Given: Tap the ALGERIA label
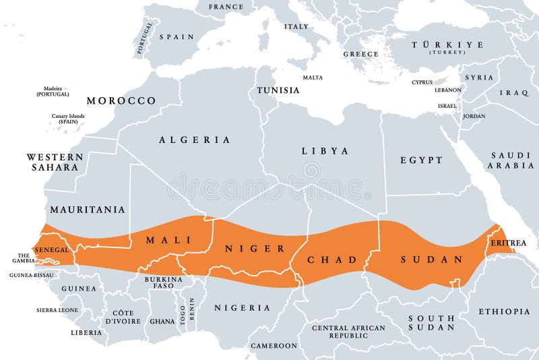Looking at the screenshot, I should pyautogui.click(x=194, y=140).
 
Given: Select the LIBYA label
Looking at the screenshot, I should pyautogui.click(x=325, y=151).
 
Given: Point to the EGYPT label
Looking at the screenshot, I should pyautogui.click(x=421, y=160).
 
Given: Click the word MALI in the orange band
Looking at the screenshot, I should pyautogui.click(x=169, y=240).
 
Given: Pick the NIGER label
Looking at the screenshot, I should pyautogui.click(x=255, y=249).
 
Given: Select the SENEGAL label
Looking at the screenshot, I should pyautogui.click(x=52, y=249).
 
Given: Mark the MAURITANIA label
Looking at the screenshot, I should pyautogui.click(x=88, y=210).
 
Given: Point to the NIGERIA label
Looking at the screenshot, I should pyautogui.click(x=242, y=308).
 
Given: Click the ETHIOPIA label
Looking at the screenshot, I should pyautogui.click(x=504, y=311).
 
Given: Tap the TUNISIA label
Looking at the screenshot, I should pyautogui.click(x=278, y=90).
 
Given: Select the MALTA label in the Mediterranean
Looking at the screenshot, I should pyautogui.click(x=312, y=78).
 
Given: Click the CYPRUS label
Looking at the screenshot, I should pyautogui.click(x=422, y=82).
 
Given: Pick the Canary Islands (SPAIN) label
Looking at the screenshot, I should pyautogui.click(x=68, y=119).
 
